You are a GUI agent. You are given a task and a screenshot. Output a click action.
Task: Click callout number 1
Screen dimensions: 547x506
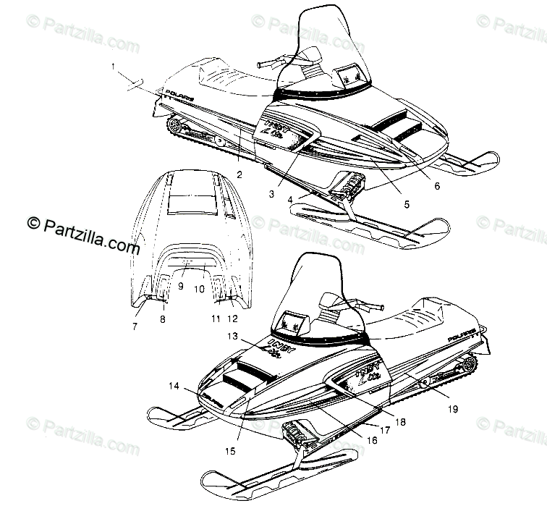pyautogui.click(x=114, y=67)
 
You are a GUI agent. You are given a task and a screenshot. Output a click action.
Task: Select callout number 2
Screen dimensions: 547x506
pyautogui.click(x=239, y=174)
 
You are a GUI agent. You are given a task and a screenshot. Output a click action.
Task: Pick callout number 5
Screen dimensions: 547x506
pyautogui.click(x=405, y=205)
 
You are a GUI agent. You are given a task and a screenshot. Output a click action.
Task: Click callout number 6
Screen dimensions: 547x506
pyautogui.click(x=436, y=186)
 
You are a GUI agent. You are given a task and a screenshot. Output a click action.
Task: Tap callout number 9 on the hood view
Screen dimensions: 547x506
pyautogui.click(x=181, y=285)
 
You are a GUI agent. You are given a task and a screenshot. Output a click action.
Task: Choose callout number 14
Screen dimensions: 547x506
pyautogui.click(x=173, y=387)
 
